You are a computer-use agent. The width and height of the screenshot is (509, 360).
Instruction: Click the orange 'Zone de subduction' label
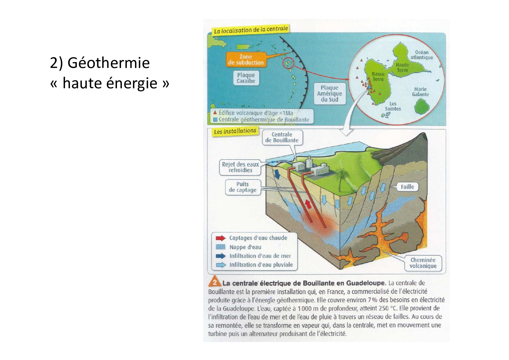[x=246, y=60]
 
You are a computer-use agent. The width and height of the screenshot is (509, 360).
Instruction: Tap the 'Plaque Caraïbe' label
[x=246, y=78]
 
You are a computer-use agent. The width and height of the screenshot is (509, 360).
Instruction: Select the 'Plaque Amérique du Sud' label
[x=329, y=93]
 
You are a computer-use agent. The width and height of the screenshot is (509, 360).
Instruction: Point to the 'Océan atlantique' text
[x=421, y=55]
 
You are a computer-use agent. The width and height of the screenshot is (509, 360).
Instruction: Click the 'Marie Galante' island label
[x=420, y=92]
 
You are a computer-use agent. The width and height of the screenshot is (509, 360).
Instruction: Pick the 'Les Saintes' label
[x=393, y=106]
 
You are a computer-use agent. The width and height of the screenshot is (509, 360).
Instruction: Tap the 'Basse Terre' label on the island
[x=378, y=77]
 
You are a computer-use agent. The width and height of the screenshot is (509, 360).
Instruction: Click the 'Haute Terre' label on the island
[x=402, y=67]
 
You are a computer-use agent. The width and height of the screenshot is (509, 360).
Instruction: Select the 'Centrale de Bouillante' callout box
[x=282, y=137]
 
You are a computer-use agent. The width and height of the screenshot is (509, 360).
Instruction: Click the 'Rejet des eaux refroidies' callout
[x=240, y=167]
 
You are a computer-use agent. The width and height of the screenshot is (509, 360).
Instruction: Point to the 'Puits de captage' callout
[x=243, y=187]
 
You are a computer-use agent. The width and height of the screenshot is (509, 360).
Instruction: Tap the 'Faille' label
[x=407, y=187]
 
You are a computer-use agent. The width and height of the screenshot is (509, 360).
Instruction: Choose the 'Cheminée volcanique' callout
[x=423, y=263]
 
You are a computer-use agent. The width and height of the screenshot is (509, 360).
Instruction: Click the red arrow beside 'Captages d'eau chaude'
[x=221, y=238]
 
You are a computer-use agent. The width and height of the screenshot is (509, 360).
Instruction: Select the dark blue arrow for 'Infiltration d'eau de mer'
[x=221, y=256]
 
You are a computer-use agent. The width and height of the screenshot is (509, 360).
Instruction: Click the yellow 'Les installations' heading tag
[x=235, y=131]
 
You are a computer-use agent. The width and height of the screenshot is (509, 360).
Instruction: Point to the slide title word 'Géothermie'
[x=109, y=63]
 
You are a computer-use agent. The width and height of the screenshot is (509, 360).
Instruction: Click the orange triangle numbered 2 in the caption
[x=214, y=282]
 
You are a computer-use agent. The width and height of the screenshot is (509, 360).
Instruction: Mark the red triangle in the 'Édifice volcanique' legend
[x=215, y=113]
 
